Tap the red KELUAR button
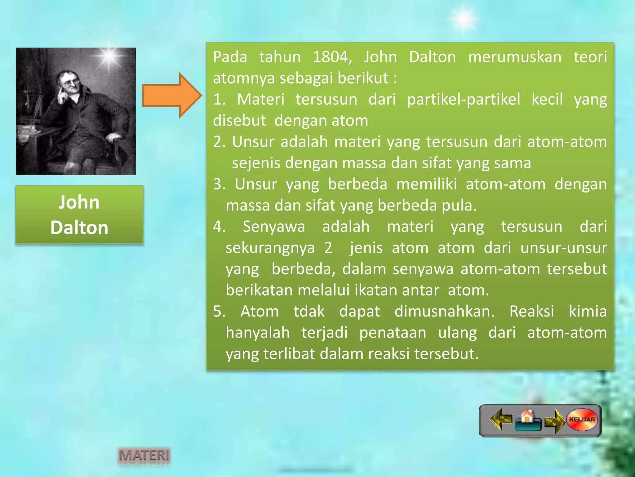[582, 420]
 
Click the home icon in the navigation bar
[527, 420]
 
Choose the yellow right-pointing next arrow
[555, 421]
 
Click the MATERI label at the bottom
[144, 456]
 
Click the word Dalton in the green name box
[79, 228]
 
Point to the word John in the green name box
[79, 202]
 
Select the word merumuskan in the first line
[514, 57]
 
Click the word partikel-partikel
[464, 99]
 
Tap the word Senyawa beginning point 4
[274, 227]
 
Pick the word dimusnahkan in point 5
[444, 311]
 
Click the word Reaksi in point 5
[531, 311]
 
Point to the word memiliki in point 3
[426, 184]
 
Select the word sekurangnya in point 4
[270, 248]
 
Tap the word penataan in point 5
[393, 333]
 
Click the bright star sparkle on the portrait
[109, 56]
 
